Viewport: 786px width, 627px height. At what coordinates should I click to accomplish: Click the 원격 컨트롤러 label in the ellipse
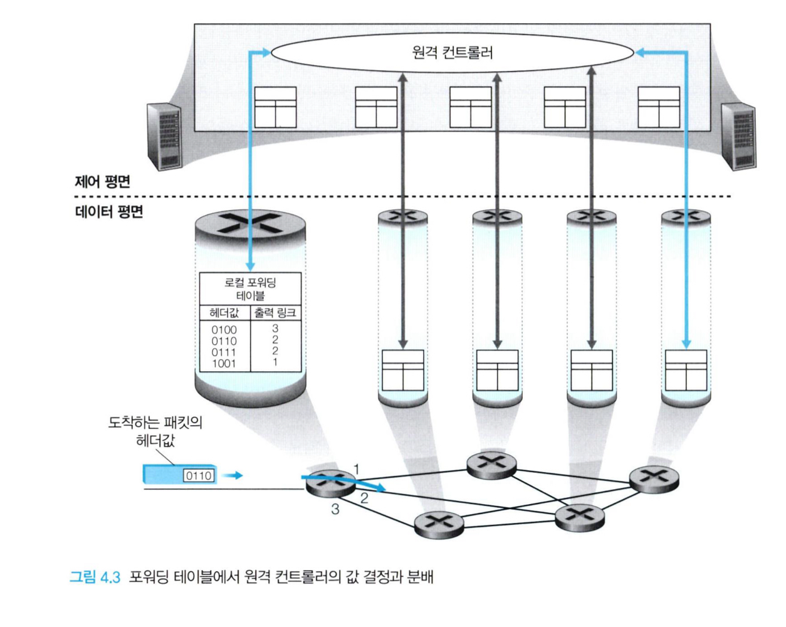click(453, 52)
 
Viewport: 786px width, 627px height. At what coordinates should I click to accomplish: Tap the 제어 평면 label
click(102, 182)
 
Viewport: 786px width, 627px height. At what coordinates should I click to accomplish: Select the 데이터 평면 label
click(109, 212)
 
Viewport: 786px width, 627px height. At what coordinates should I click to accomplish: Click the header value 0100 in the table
click(224, 330)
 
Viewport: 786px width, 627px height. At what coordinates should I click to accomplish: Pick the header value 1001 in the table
click(224, 363)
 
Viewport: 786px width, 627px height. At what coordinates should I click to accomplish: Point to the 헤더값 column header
click(224, 313)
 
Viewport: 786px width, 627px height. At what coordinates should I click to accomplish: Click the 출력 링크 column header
click(275, 313)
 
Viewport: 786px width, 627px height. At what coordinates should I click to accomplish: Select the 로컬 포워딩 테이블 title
click(250, 288)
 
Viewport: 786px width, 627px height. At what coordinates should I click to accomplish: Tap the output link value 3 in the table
click(275, 329)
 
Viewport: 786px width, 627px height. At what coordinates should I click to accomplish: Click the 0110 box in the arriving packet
click(199, 476)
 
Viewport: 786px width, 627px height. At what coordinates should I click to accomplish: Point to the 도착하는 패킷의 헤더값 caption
click(155, 431)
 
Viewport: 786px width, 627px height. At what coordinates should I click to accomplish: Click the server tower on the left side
click(164, 136)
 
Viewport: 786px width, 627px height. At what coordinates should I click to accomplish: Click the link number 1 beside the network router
click(357, 469)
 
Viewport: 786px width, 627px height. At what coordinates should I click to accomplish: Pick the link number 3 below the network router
click(335, 509)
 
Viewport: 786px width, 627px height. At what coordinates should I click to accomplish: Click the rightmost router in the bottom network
click(654, 478)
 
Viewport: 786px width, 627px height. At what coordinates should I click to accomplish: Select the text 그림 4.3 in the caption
click(95, 577)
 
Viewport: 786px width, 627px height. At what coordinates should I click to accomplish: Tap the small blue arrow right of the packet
click(233, 476)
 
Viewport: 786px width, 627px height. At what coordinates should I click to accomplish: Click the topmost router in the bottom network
click(492, 464)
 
